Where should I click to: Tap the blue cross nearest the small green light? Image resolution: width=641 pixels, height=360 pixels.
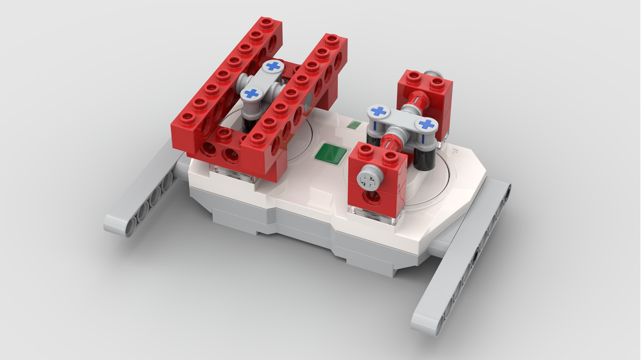click(x=379, y=111)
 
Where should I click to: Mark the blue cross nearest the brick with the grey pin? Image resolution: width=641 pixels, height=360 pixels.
click(x=426, y=124)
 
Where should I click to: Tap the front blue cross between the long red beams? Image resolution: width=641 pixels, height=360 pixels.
click(x=252, y=94)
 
